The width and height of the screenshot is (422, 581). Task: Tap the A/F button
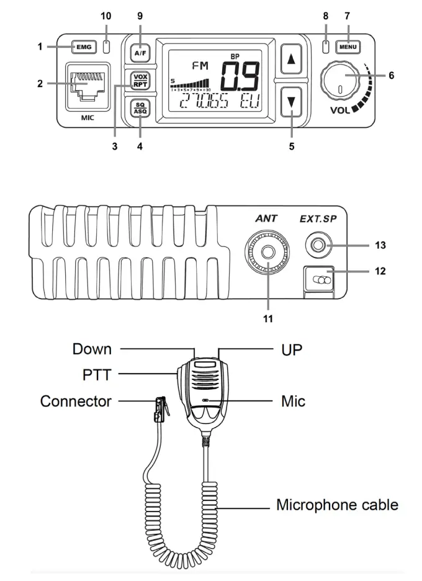(140, 53)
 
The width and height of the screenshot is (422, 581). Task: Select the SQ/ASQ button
(140, 107)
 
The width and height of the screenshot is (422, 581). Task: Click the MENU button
(348, 47)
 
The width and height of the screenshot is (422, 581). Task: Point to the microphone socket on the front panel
(88, 84)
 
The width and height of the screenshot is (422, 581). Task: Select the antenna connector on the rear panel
(268, 253)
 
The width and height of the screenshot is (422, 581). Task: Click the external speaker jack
(318, 246)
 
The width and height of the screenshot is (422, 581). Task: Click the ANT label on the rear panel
(266, 218)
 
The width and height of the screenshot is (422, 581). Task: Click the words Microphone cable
(337, 504)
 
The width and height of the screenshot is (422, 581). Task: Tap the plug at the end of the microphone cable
(162, 410)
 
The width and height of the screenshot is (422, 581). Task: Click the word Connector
(76, 401)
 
